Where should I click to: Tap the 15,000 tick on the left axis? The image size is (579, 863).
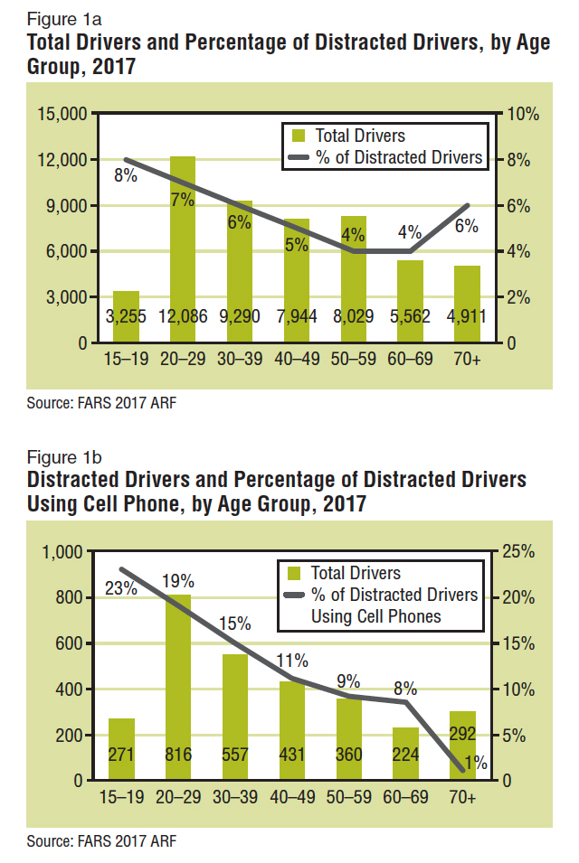click(x=62, y=114)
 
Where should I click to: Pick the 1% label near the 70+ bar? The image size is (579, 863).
click(x=476, y=763)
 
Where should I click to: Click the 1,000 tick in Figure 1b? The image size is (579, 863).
click(x=63, y=551)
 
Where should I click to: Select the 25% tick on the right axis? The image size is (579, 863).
click(x=523, y=551)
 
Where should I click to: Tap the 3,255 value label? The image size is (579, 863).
click(x=126, y=319)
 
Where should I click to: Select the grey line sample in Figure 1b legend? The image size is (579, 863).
click(x=293, y=596)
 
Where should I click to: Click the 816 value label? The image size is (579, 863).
click(x=178, y=756)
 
